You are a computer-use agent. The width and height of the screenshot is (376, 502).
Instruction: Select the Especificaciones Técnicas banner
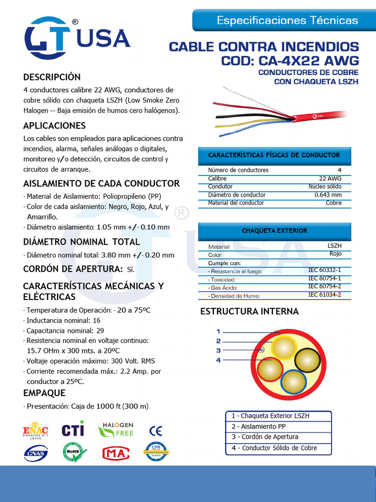(287, 21)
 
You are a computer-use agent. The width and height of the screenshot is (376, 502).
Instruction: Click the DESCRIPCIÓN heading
(52, 77)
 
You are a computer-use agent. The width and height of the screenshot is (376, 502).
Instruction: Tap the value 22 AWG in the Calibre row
(330, 178)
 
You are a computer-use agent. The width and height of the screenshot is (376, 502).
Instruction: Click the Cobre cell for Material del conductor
(333, 203)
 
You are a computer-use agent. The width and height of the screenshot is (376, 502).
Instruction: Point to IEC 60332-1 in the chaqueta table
(324, 270)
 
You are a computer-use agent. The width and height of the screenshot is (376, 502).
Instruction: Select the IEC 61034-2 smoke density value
(324, 295)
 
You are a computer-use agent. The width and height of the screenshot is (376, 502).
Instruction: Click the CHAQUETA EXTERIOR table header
(274, 230)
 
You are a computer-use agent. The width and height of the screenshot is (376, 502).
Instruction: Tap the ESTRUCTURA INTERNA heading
(249, 311)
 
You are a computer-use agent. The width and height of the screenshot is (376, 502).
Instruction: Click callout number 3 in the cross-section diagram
(218, 350)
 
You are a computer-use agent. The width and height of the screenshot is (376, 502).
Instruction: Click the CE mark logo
(156, 431)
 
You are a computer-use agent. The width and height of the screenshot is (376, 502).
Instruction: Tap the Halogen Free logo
(116, 430)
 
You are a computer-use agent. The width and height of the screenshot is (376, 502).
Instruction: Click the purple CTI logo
(73, 430)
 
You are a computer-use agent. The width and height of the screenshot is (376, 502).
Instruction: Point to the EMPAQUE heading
(44, 393)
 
